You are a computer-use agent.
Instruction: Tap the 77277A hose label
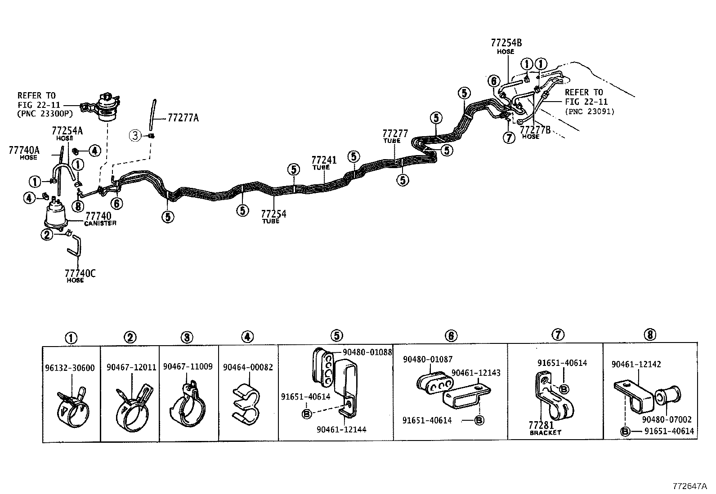(x=183, y=118)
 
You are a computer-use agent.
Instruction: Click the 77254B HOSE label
(x=506, y=45)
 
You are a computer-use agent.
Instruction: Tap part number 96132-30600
(x=70, y=368)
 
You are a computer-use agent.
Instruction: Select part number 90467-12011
(x=131, y=367)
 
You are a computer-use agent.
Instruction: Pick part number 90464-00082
(x=248, y=367)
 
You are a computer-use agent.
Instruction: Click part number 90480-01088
(x=367, y=352)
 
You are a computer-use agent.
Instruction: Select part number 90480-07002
(x=667, y=420)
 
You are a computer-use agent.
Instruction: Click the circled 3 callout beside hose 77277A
(x=135, y=134)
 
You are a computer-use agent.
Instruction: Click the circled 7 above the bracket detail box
(x=557, y=335)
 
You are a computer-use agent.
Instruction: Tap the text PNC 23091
(x=590, y=111)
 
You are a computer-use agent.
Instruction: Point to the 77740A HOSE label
(x=24, y=152)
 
